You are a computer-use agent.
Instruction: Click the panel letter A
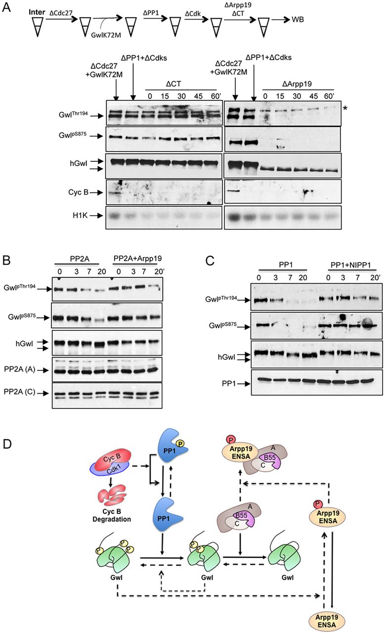(6, 7)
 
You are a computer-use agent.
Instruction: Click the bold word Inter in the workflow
(37, 12)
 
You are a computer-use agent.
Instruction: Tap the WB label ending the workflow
(298, 19)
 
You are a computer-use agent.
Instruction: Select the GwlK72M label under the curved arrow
(106, 35)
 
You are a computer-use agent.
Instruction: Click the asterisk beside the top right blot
(345, 108)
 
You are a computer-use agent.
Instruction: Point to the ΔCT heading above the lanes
(173, 84)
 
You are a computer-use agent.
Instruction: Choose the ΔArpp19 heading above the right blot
(297, 84)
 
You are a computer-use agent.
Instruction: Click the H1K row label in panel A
(80, 216)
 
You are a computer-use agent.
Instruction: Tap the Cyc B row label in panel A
(78, 192)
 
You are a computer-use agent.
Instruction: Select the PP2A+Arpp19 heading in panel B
(137, 258)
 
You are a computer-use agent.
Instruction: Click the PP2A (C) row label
(19, 392)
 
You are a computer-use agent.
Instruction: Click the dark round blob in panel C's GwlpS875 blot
(342, 317)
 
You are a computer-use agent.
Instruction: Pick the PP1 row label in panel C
(228, 384)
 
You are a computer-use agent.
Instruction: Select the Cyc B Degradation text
(112, 515)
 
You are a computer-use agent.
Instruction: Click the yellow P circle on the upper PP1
(180, 444)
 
